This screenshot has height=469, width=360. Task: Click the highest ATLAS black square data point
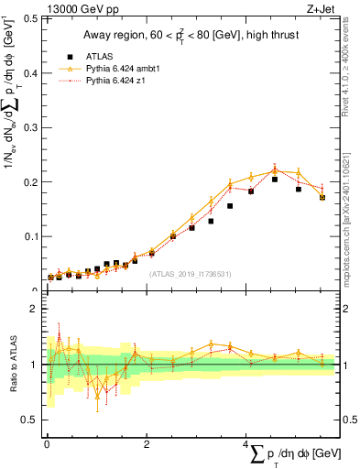click(x=275, y=180)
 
